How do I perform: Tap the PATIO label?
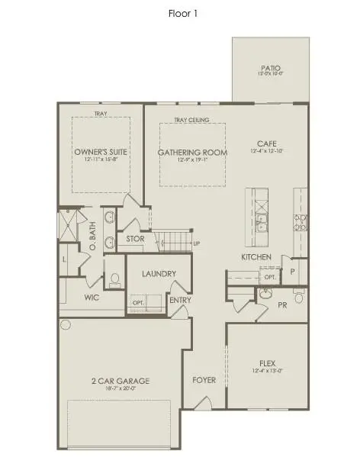point(271,68)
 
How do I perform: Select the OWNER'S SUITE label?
point(101,153)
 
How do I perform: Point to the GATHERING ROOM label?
point(192,153)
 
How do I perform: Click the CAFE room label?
point(266,143)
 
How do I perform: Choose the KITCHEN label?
point(256,257)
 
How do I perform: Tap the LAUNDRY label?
point(159,273)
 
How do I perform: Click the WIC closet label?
point(92,298)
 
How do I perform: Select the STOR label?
point(135,239)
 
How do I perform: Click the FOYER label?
point(204,379)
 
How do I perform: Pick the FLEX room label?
point(266,362)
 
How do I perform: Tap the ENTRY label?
point(180,300)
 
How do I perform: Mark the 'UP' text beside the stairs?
point(198,243)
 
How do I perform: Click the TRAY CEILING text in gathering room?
point(191,120)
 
